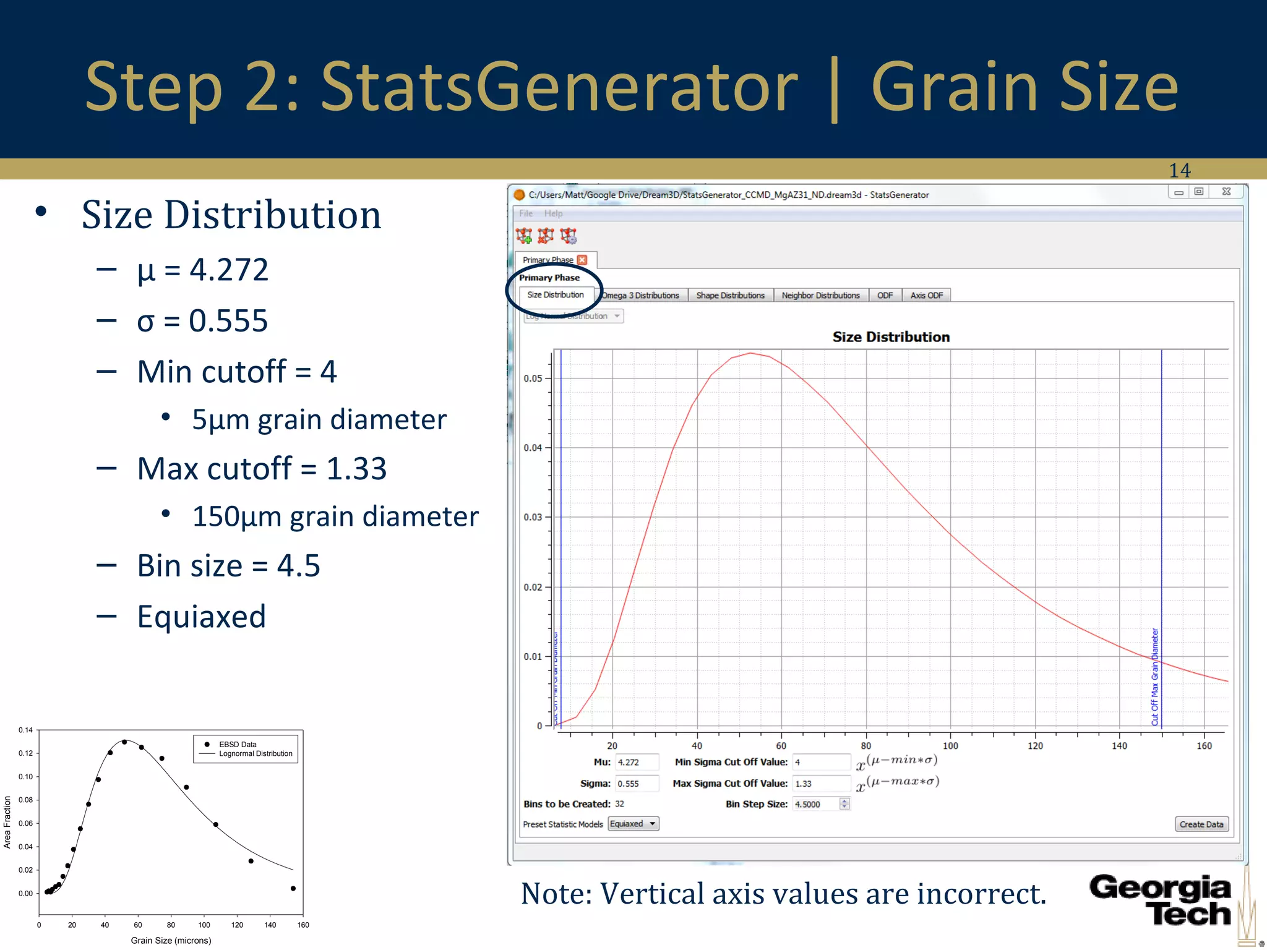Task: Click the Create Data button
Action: tap(1201, 824)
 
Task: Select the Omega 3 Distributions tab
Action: tap(641, 296)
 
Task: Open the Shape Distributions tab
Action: tap(730, 296)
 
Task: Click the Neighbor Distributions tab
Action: tap(820, 296)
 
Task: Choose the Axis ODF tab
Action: tap(926, 296)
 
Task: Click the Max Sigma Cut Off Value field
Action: tap(821, 784)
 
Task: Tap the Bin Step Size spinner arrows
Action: tap(844, 804)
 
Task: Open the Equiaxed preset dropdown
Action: tap(633, 824)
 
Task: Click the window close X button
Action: tap(1226, 192)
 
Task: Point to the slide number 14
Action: tap(1179, 170)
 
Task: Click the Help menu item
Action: tap(553, 213)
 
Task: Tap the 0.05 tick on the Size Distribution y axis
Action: tap(533, 379)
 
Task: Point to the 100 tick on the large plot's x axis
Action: tap(950, 746)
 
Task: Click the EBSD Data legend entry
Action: tap(238, 744)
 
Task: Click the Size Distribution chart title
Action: tap(890, 337)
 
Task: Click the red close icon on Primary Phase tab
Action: tap(582, 260)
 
